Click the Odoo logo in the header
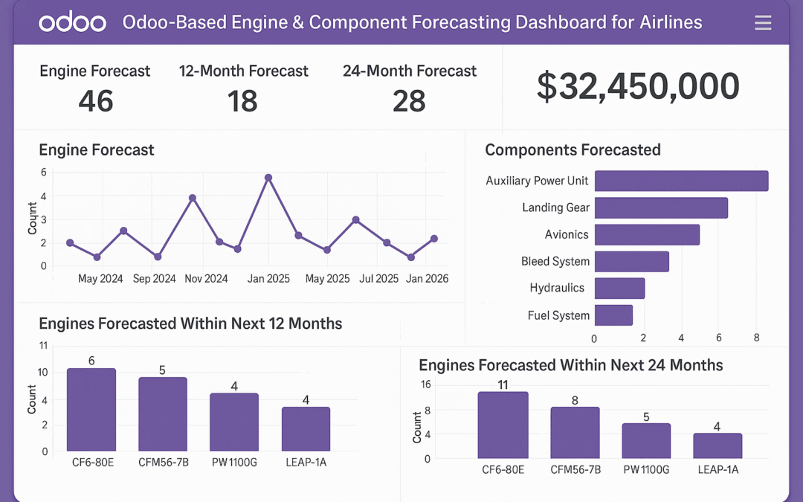[x=72, y=22]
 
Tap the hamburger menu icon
[x=763, y=23]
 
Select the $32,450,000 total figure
[x=638, y=87]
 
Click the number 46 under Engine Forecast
[x=96, y=101]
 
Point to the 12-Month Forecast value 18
[x=242, y=101]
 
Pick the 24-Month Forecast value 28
[x=409, y=101]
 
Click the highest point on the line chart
[x=268, y=178]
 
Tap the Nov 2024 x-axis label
[x=206, y=279]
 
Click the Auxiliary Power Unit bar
[x=681, y=181]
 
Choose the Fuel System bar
[x=613, y=315]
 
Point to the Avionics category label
[x=567, y=235]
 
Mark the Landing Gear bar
[x=661, y=208]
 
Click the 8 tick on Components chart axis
[x=756, y=338]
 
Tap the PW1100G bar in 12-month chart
[x=234, y=422]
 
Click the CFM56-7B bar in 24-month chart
[x=575, y=432]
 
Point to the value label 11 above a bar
[x=502, y=384]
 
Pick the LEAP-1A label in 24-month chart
[x=717, y=469]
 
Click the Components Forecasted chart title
[x=573, y=150]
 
